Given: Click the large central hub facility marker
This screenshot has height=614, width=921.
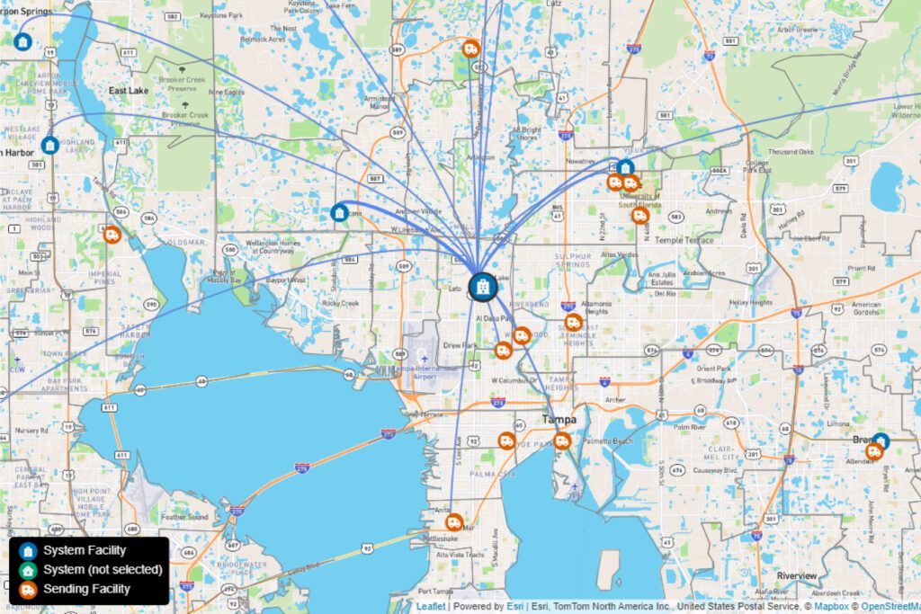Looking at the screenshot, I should (482, 287).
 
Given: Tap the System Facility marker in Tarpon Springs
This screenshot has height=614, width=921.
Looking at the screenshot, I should (23, 41).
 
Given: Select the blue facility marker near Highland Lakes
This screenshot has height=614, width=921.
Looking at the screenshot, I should (50, 145).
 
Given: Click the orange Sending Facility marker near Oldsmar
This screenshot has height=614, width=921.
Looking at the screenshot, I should (112, 236).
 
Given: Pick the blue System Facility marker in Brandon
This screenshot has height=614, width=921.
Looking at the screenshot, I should (881, 441).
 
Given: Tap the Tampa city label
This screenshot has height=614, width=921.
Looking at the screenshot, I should (559, 420).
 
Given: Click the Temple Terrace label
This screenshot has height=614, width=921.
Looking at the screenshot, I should (684, 240).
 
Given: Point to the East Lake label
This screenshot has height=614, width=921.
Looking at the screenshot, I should (128, 91).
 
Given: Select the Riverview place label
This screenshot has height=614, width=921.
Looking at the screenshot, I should (796, 575).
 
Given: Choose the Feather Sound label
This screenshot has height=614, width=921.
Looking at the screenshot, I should (183, 518).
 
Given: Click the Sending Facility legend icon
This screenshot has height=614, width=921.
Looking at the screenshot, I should (28, 590).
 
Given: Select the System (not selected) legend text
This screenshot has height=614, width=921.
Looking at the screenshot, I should (103, 570).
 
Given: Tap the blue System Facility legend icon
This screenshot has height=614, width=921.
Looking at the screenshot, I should (28, 551).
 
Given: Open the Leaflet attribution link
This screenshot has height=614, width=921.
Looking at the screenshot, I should (430, 607).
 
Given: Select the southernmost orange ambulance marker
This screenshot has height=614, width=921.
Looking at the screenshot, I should (455, 522).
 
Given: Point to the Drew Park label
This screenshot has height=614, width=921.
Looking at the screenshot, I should (460, 345).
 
